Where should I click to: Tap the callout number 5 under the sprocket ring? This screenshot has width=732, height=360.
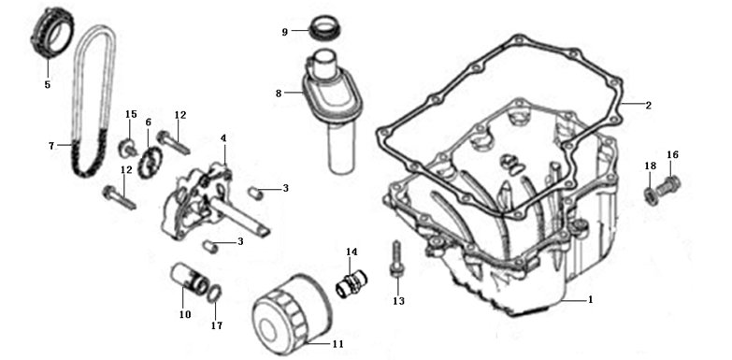[x=47, y=84]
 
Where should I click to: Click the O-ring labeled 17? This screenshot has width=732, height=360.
[x=214, y=295]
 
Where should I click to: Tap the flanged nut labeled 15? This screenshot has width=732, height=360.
[x=126, y=147]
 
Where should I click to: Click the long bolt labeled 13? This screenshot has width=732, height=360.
[x=395, y=260]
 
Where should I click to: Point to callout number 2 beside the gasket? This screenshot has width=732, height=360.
[x=648, y=106]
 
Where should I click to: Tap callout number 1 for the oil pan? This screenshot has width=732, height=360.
[x=590, y=299]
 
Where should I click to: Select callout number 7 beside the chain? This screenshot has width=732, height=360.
[x=51, y=146]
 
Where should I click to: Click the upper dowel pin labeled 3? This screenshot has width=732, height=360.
[x=254, y=193]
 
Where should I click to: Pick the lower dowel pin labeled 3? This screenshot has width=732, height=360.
[x=211, y=246]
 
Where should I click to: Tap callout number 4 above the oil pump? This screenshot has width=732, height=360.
[x=223, y=138]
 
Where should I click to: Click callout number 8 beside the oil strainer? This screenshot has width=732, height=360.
[x=279, y=94]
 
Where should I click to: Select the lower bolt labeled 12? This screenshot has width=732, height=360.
[x=119, y=198]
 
